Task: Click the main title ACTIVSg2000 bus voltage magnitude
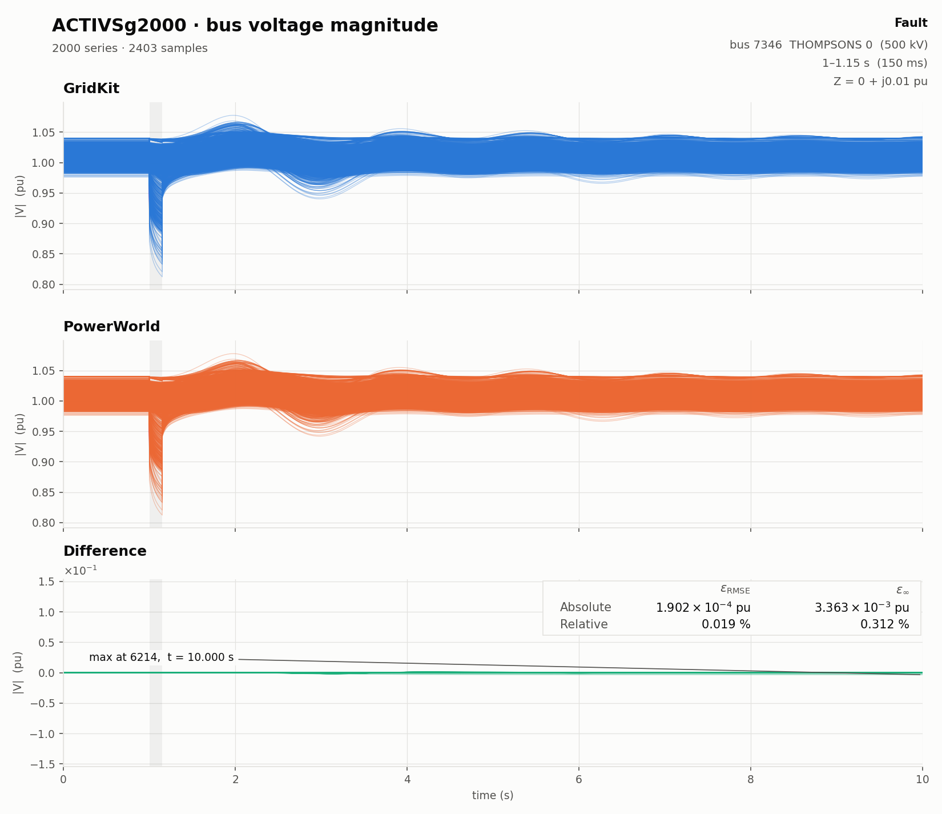coord(245,26)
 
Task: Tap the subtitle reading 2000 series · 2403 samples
coord(130,49)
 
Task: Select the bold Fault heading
coord(911,23)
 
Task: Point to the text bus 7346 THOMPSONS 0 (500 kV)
coord(828,45)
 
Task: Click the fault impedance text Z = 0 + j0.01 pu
coord(880,81)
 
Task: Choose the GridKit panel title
coord(91,89)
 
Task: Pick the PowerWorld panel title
coord(111,327)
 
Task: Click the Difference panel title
coord(104,551)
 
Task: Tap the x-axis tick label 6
coord(579,780)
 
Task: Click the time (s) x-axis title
coord(493,795)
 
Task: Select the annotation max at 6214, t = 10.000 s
coord(162,657)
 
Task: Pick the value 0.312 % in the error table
coord(884,624)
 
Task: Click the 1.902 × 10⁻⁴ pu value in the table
coord(703,607)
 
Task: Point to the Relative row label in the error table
coord(583,624)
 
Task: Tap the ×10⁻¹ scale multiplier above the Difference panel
coord(80,571)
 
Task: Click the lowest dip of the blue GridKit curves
coord(162,276)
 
